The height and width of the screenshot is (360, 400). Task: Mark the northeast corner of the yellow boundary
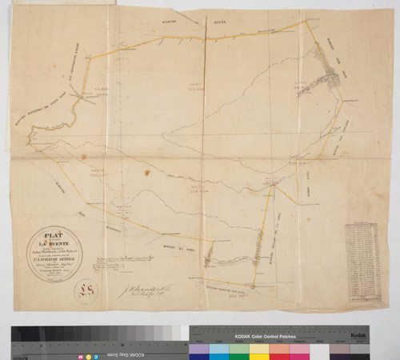point(302,22)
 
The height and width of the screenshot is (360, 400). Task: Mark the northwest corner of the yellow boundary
point(84,56)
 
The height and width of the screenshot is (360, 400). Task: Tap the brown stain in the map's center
point(146,171)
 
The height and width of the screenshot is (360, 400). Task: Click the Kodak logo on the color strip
point(357,337)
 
